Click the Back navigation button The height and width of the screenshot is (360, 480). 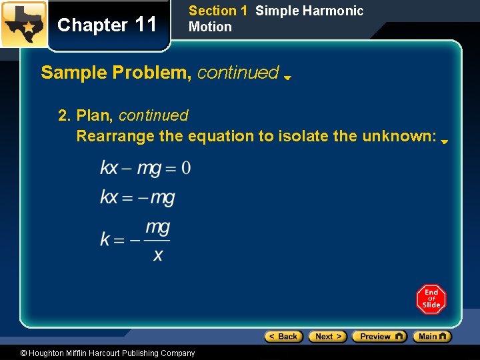(x=283, y=337)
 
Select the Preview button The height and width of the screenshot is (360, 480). (x=379, y=337)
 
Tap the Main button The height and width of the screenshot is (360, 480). (x=432, y=337)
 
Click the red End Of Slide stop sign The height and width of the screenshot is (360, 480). (x=431, y=299)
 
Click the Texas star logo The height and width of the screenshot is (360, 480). (x=23, y=24)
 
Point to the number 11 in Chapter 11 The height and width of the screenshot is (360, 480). (x=145, y=25)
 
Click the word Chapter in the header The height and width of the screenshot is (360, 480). (x=92, y=25)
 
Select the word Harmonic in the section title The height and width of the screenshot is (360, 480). (x=336, y=11)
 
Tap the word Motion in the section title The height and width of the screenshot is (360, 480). (x=210, y=27)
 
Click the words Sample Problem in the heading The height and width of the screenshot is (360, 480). (x=116, y=73)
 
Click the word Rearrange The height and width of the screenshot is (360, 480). (x=117, y=136)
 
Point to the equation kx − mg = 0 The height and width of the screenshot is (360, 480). (x=145, y=167)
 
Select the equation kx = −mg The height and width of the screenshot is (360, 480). (x=137, y=198)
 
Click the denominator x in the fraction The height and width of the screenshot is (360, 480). (x=158, y=255)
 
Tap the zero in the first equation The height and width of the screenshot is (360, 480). (x=185, y=167)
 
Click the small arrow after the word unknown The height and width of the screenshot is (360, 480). (x=444, y=141)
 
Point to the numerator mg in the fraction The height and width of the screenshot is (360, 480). (x=157, y=228)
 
